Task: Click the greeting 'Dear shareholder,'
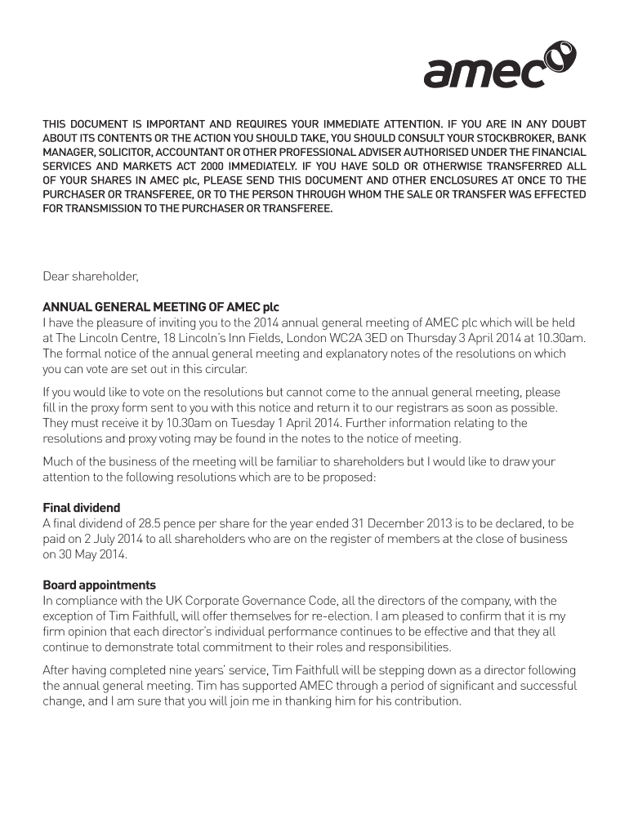click(x=91, y=277)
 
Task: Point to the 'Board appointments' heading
click(x=99, y=585)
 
